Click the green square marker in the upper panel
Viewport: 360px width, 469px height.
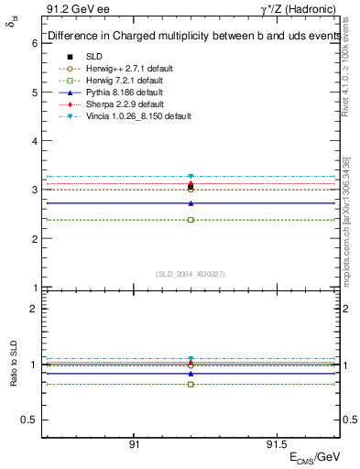click(191, 220)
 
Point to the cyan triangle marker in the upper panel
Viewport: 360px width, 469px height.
click(191, 176)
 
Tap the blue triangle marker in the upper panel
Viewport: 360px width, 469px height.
click(191, 203)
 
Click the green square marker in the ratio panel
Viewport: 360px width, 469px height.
click(191, 384)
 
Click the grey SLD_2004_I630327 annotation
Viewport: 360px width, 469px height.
click(191, 274)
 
